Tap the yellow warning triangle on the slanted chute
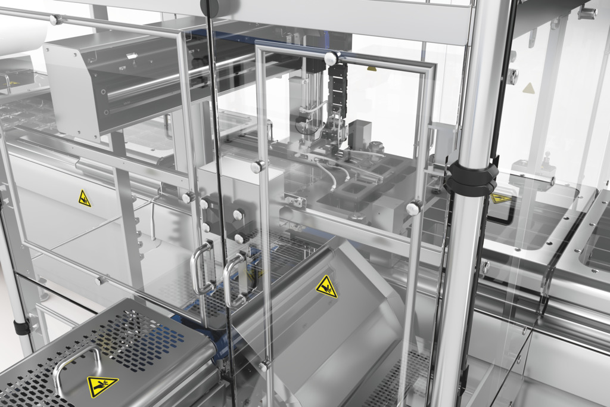click(326, 287)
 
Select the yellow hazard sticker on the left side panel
click(85, 198)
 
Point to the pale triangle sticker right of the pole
click(528, 89)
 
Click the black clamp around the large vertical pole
click(470, 177)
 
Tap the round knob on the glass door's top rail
click(331, 58)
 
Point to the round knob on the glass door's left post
click(258, 166)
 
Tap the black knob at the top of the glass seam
click(210, 7)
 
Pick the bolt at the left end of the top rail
click(55, 20)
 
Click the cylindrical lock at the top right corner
click(587, 13)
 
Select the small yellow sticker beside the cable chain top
click(371, 69)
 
